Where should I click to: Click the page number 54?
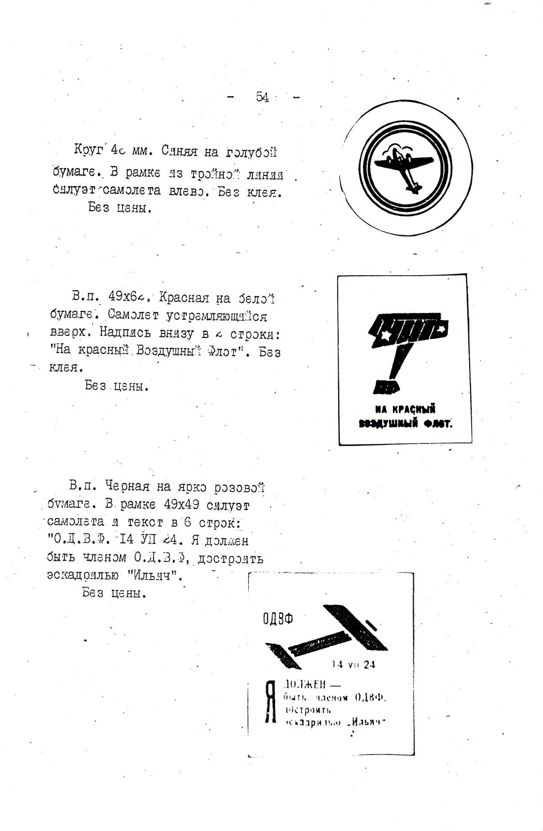262,97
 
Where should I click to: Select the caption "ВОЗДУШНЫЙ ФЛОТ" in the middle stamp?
406,424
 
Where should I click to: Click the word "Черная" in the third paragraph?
127,486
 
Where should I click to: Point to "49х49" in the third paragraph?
182,504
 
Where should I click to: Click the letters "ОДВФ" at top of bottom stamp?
278,618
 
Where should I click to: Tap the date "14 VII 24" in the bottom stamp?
354,665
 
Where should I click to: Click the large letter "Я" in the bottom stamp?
269,702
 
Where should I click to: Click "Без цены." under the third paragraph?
114,593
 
